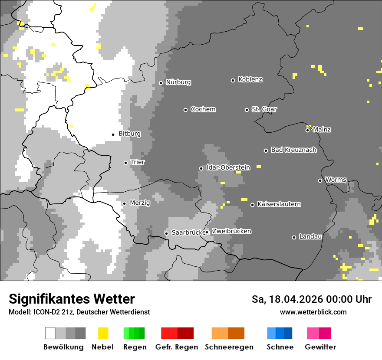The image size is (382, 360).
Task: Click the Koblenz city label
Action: click(250, 79)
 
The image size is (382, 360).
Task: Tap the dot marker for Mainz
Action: click(307, 130)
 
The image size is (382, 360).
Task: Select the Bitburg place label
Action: click(129, 134)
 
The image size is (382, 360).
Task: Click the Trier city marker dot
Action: click(125, 163)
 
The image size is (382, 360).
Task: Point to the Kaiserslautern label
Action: click(279, 204)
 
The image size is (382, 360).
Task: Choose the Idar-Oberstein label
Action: click(228, 167)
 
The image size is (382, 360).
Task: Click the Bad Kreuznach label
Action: click(293, 150)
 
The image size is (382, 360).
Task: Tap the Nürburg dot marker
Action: click(161, 83)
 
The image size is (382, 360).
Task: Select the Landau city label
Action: click(310, 236)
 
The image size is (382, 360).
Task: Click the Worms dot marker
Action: click(320, 180)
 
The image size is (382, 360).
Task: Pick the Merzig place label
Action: click(140, 203)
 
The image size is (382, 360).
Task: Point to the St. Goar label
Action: click(264, 109)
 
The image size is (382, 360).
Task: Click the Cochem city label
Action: click(203, 109)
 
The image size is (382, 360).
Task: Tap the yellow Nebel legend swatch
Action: click(103, 333)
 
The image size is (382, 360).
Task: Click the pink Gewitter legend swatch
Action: click(313, 333)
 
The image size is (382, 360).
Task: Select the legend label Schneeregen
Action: click(229, 347)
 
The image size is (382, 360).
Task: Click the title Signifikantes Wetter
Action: click(72, 299)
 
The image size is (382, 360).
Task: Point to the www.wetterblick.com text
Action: click(313, 312)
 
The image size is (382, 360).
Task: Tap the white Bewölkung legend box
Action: click(50, 333)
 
